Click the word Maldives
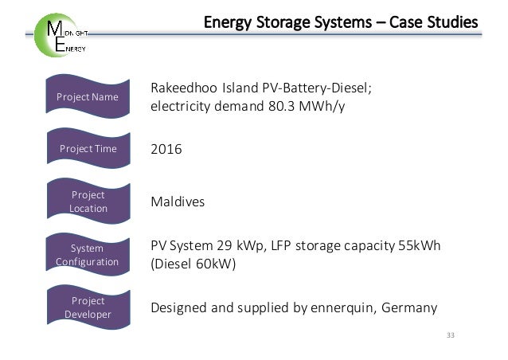click(x=178, y=202)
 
